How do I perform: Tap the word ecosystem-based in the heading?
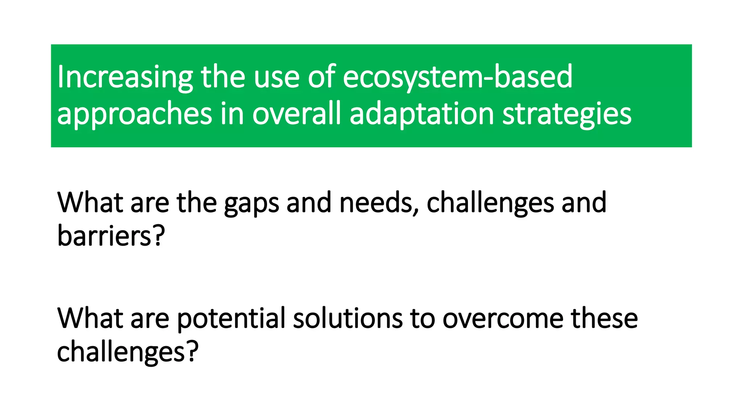coord(457,77)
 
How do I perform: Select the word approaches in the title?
coord(134,115)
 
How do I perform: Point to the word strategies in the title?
coord(567,115)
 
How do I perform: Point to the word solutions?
coord(347,318)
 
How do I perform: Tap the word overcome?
coord(502,319)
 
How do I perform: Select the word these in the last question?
coord(604,318)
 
